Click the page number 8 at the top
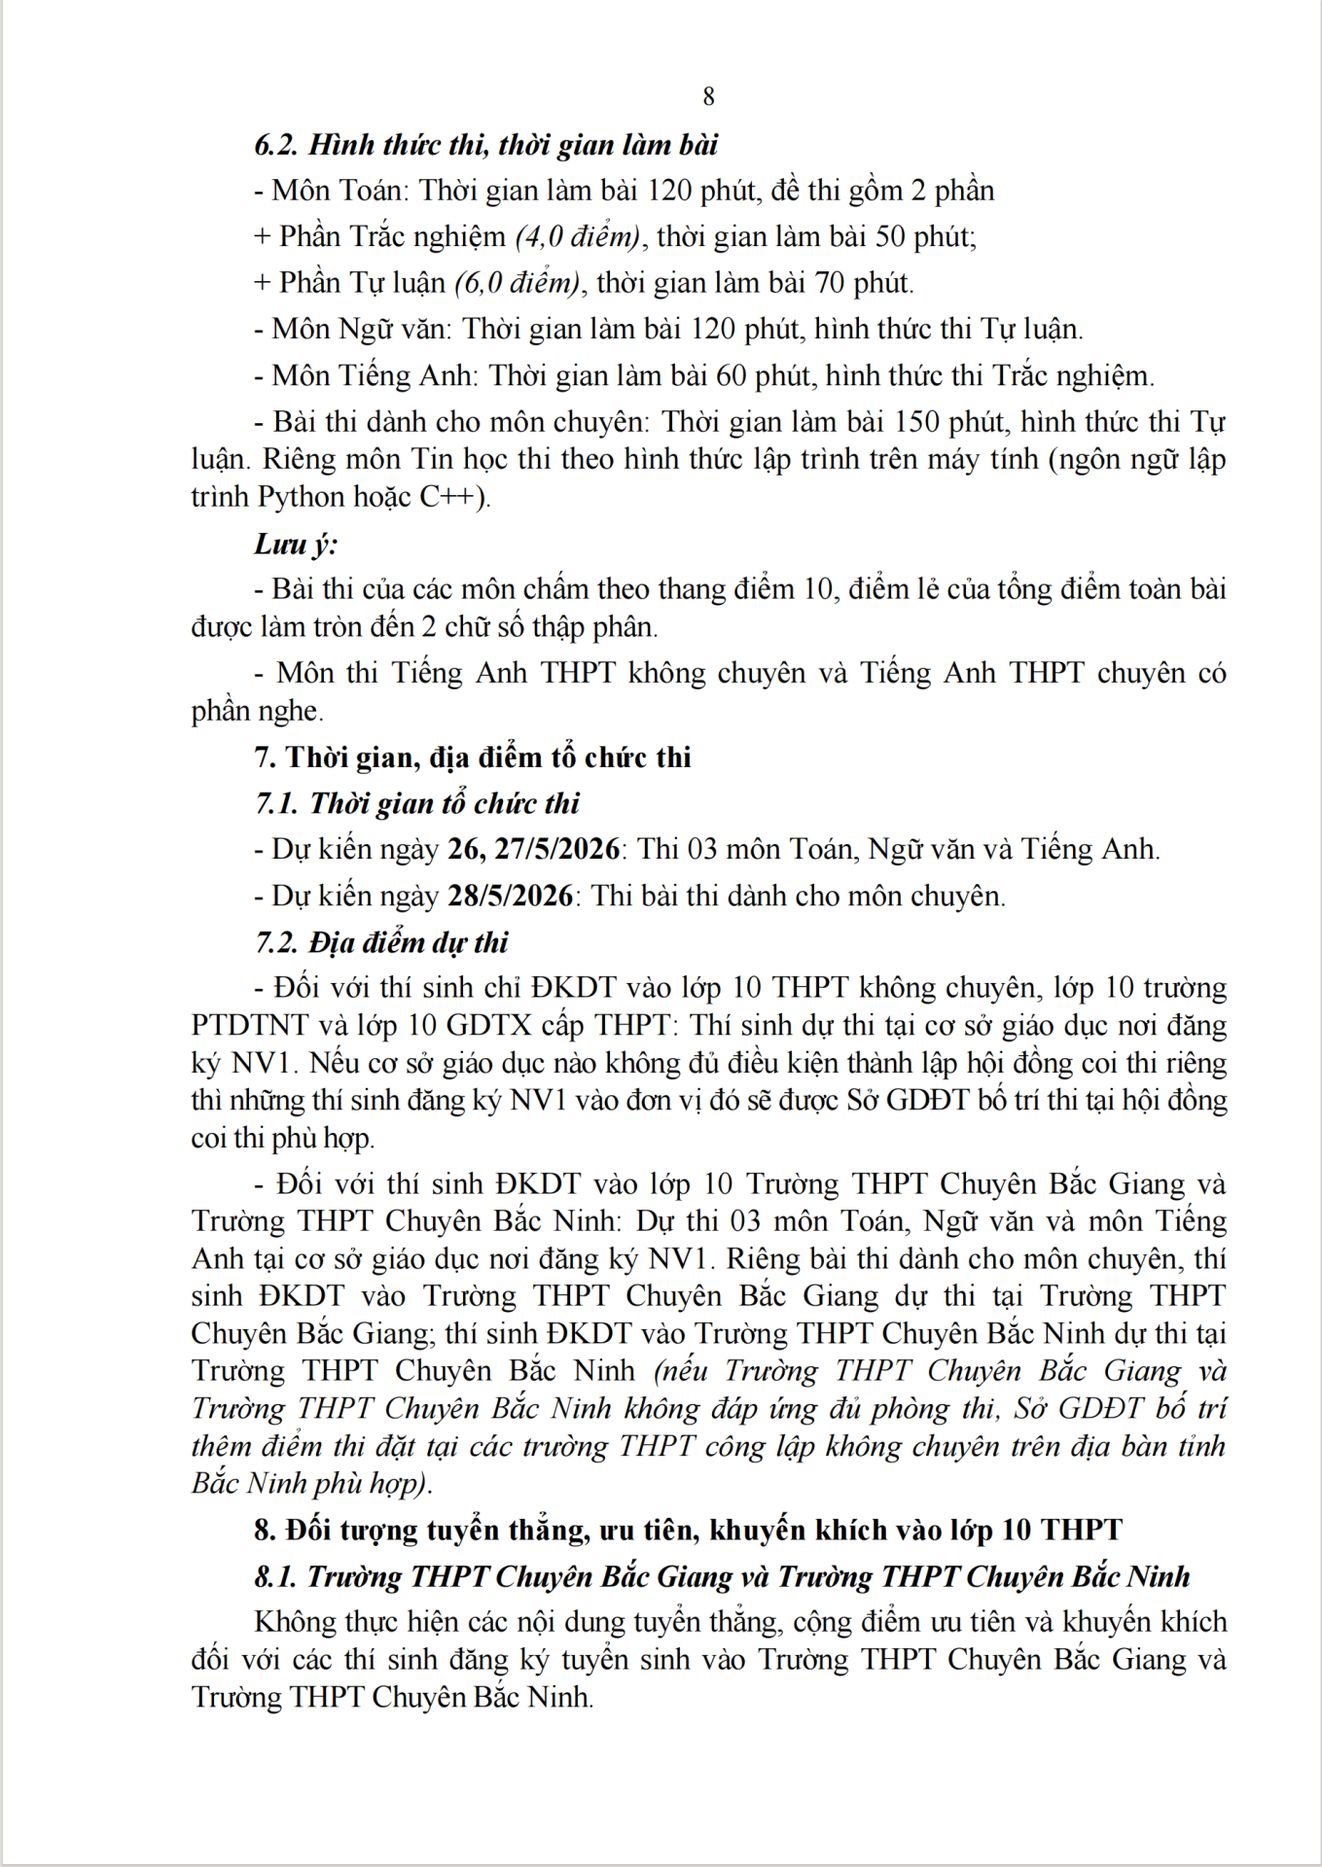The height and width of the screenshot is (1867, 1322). click(708, 96)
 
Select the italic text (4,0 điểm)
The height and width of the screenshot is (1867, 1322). click(577, 236)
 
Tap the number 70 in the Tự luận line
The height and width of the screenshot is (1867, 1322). click(830, 283)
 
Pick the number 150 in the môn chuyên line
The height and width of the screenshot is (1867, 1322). click(915, 422)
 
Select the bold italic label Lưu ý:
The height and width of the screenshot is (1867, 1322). click(296, 544)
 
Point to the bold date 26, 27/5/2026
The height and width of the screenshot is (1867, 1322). click(533, 849)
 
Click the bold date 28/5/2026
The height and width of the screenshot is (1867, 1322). click(510, 896)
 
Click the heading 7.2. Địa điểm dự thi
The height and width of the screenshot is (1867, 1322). click(381, 942)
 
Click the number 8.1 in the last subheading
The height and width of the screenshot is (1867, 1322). click(275, 1577)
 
